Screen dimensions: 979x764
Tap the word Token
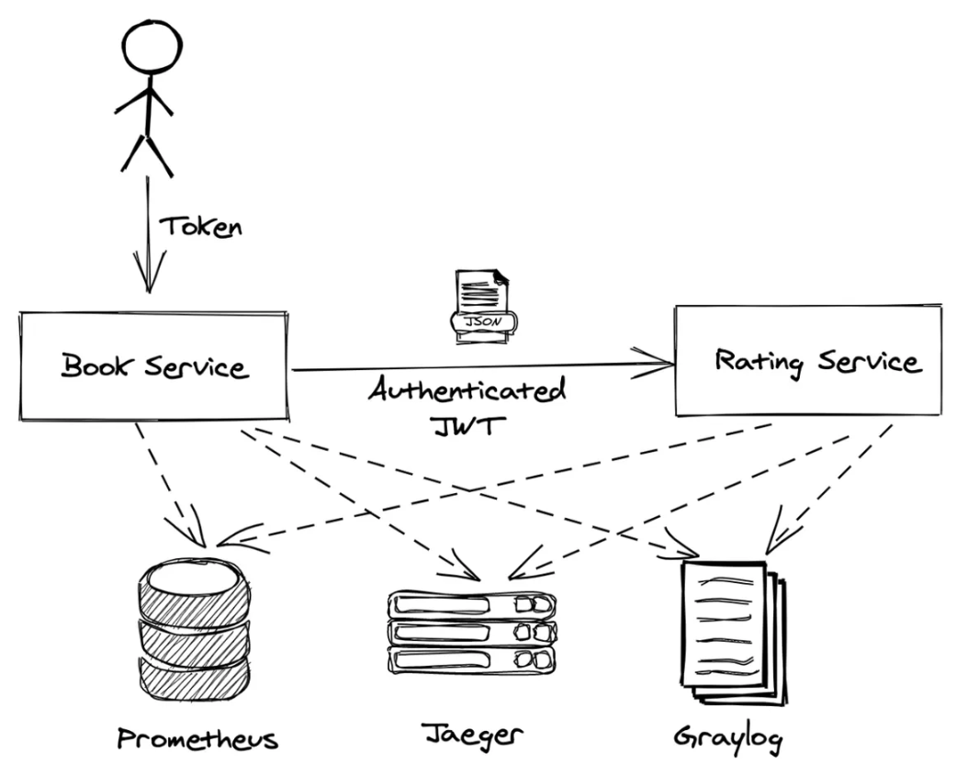(x=201, y=227)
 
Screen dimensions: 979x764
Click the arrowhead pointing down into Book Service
(x=149, y=272)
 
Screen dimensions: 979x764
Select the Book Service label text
(x=155, y=365)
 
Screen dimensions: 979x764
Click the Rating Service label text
(x=818, y=362)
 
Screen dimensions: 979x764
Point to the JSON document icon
(x=484, y=307)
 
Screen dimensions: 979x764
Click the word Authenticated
(x=467, y=390)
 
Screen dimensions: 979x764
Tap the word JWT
(x=467, y=426)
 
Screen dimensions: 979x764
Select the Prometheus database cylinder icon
(x=194, y=632)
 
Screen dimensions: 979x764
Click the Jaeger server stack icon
(x=472, y=633)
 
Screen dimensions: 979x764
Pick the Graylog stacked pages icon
(x=732, y=632)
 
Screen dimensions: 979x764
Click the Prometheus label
(x=197, y=739)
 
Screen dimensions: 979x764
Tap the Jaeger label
(x=472, y=735)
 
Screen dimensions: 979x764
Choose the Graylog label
(x=728, y=737)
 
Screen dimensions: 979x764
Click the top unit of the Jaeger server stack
(x=472, y=604)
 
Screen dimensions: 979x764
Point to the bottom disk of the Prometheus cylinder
(x=194, y=680)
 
